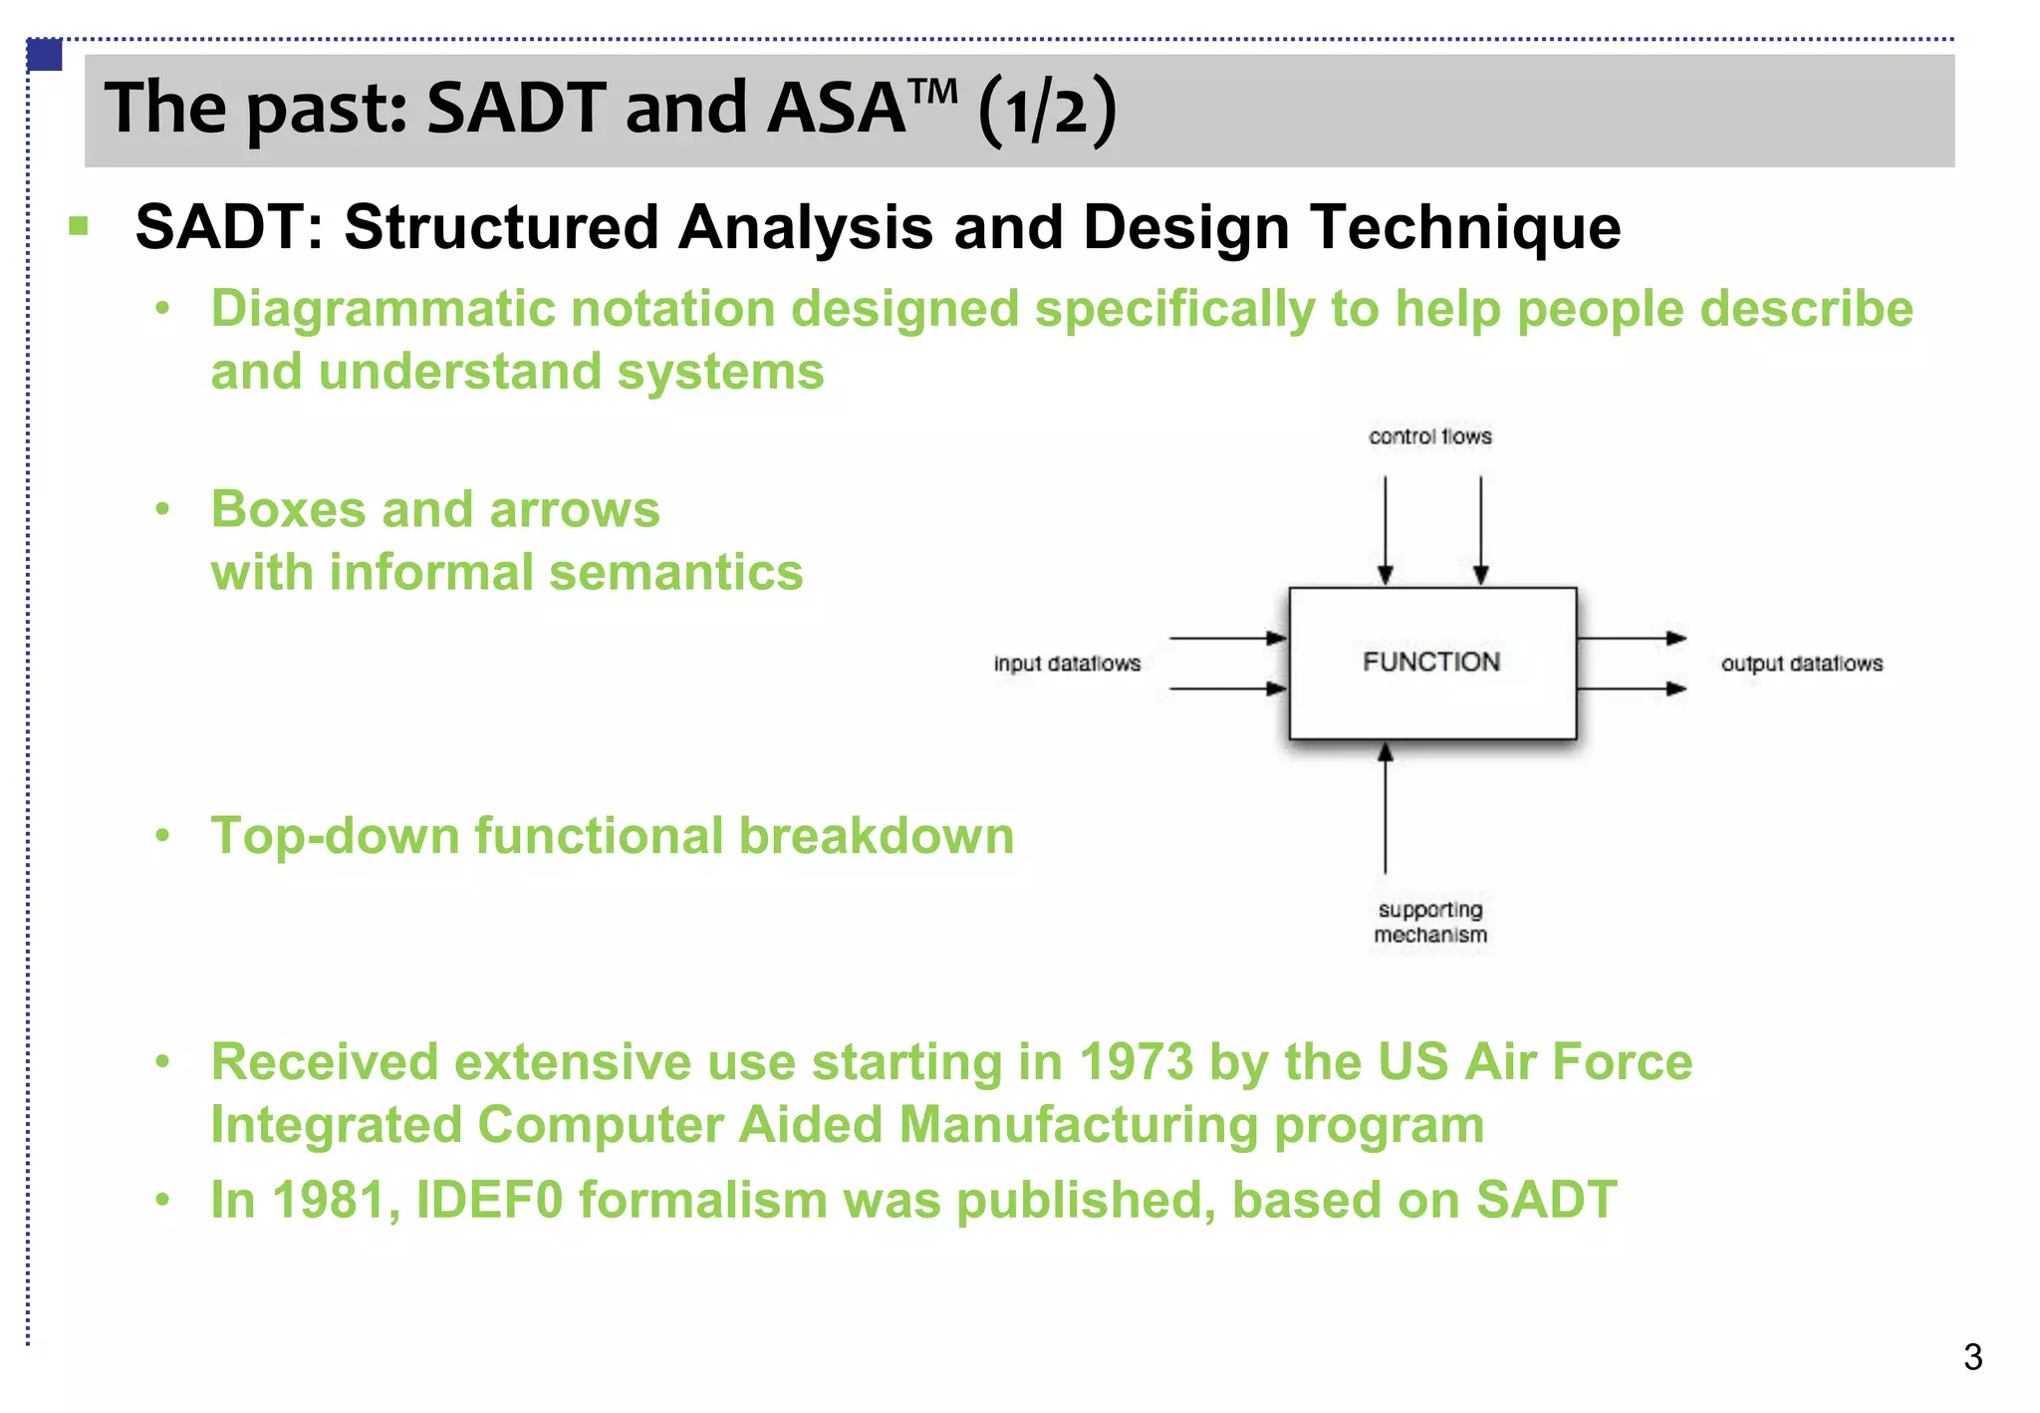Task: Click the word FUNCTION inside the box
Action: (1430, 662)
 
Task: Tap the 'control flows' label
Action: (1429, 436)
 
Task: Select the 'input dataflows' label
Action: (1066, 664)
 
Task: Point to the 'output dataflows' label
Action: (1801, 664)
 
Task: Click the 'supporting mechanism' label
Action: (1430, 922)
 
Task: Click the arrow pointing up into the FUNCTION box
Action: (1385, 807)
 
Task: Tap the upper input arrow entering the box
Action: (1227, 638)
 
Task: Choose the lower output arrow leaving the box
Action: (1632, 689)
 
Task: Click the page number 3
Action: (1972, 1357)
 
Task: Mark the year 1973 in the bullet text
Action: (1136, 1061)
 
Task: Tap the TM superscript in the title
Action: (933, 91)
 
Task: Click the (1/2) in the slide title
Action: (1047, 110)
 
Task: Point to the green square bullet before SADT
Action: (79, 226)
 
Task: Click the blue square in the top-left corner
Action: (46, 55)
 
